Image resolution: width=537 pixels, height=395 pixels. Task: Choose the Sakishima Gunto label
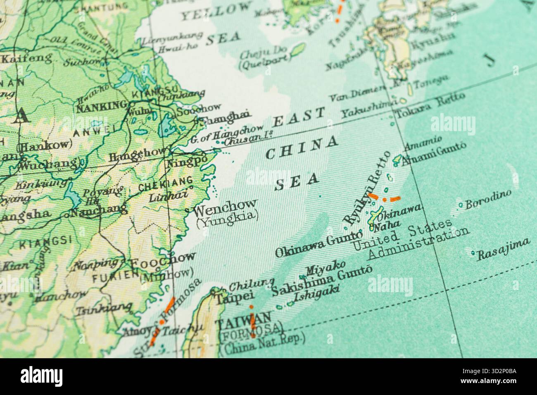[322, 281]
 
